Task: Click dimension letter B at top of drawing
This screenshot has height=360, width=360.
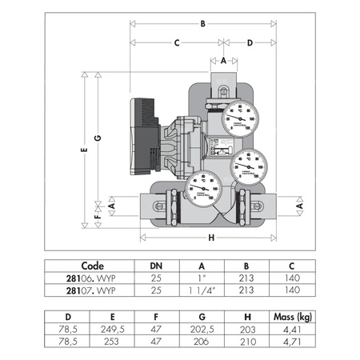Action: pyautogui.click(x=203, y=24)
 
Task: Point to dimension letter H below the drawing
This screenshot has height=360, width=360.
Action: pyautogui.click(x=211, y=238)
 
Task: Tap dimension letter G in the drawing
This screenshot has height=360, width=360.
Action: pyautogui.click(x=98, y=138)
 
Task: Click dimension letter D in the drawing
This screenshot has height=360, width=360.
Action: pyautogui.click(x=250, y=42)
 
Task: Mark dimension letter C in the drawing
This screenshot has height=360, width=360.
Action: pyautogui.click(x=176, y=42)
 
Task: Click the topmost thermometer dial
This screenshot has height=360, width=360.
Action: pyautogui.click(x=239, y=118)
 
